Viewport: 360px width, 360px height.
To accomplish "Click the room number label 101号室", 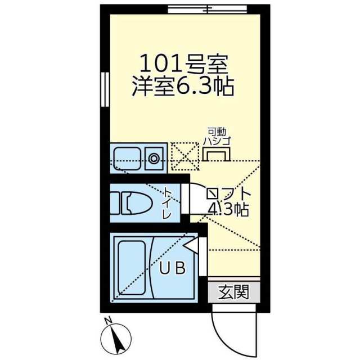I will [183, 62].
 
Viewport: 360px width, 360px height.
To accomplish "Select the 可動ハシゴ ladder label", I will [217, 136].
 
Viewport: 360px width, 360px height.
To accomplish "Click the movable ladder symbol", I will [217, 153].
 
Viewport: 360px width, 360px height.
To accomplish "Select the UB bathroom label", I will [172, 268].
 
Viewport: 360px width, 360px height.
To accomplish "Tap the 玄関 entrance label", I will [233, 292].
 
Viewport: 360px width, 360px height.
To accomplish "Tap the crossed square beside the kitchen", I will [184, 156].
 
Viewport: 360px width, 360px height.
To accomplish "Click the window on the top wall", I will [206, 9].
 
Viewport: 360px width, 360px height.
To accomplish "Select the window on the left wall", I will [104, 89].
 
